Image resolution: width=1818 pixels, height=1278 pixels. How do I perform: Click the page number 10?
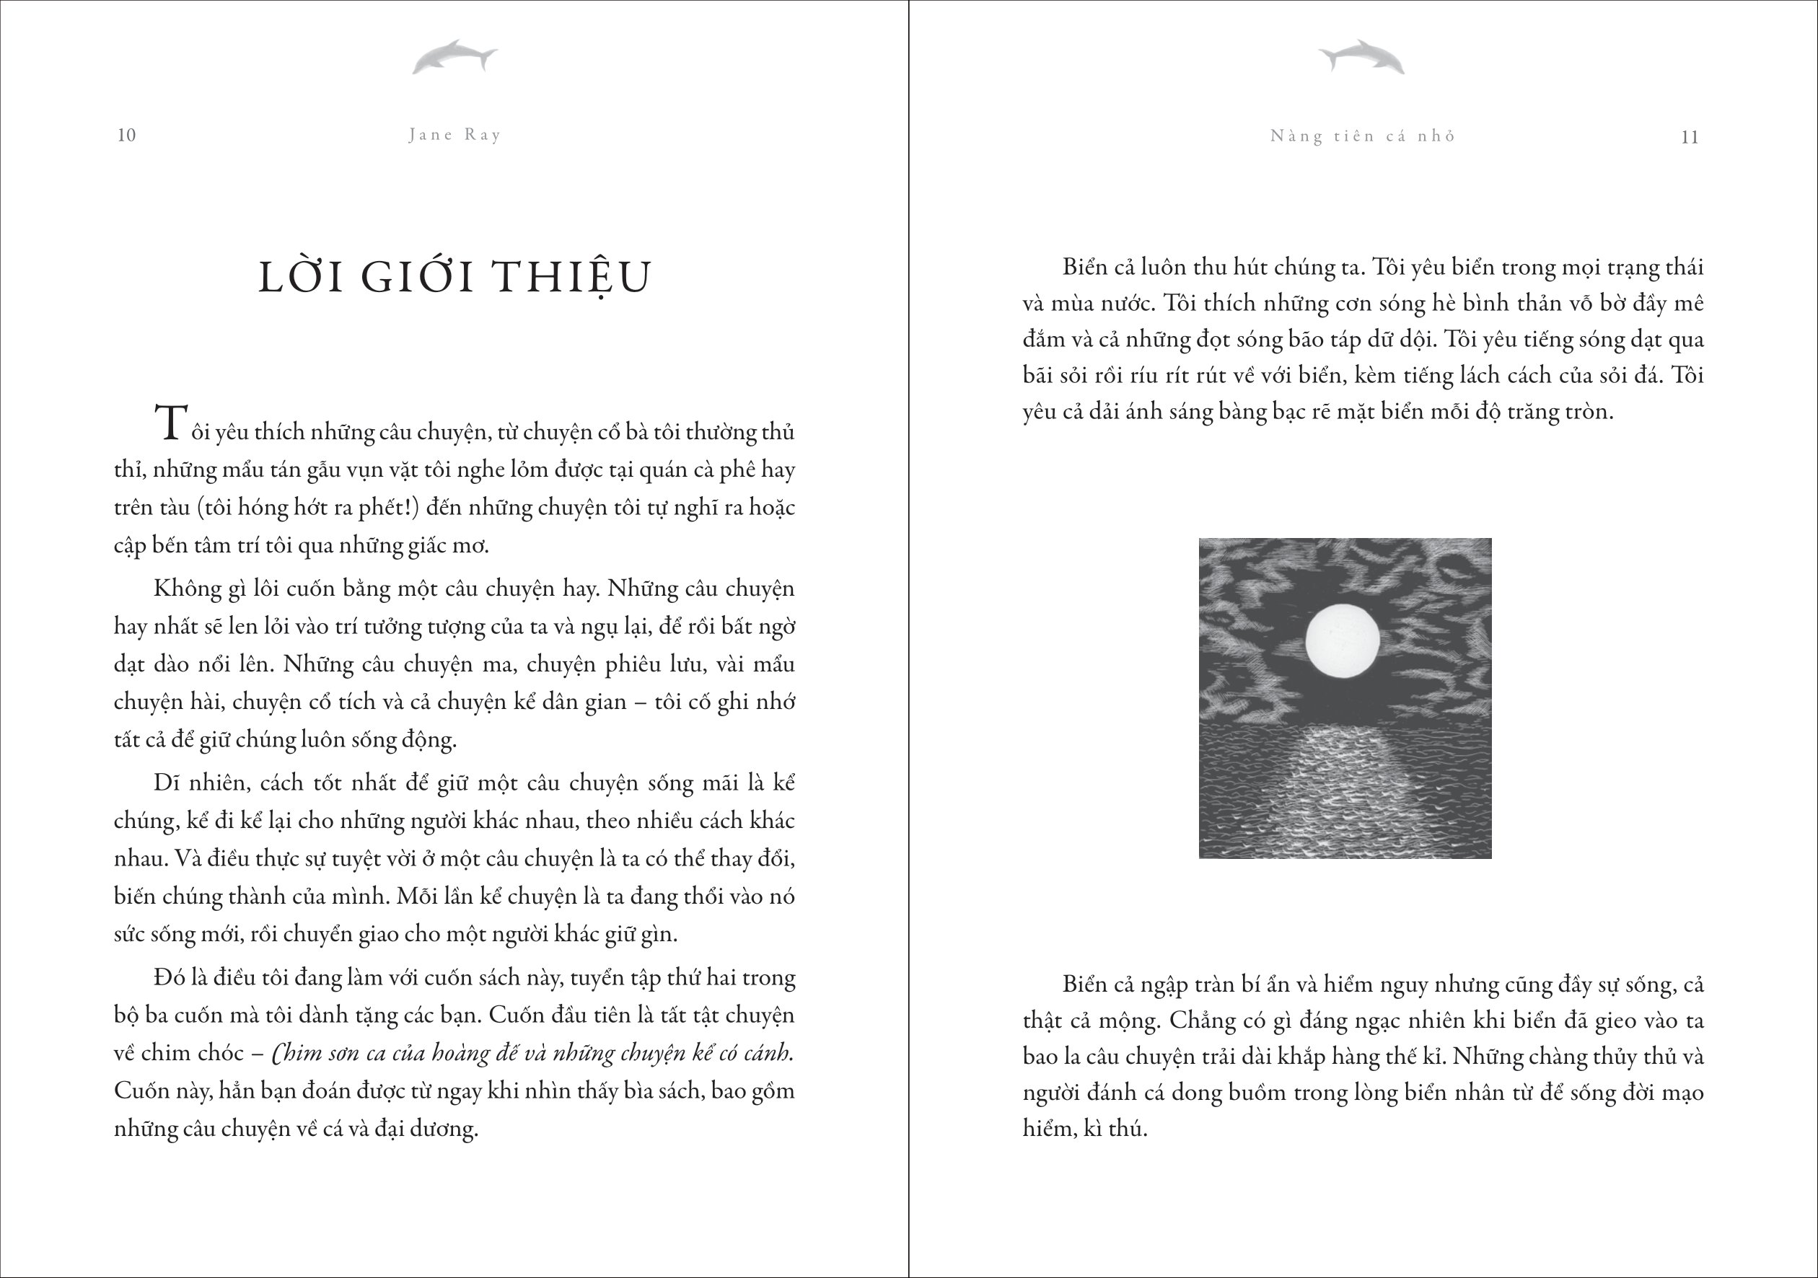pos(127,135)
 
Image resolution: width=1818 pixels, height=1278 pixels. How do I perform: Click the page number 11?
pos(1690,137)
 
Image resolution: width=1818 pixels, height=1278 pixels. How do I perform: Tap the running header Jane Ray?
pos(455,135)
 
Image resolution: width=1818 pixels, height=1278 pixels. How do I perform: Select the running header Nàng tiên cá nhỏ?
pos(1363,136)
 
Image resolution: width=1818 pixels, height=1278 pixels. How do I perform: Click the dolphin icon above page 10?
pos(454,57)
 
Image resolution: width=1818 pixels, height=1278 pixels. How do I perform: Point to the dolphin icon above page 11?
pos(1361,57)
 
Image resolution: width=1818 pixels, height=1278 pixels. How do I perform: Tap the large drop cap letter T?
pos(172,423)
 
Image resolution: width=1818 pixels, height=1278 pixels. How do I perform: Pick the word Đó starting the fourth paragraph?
pos(168,978)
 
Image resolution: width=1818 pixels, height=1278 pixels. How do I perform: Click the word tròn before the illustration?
pos(1588,412)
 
